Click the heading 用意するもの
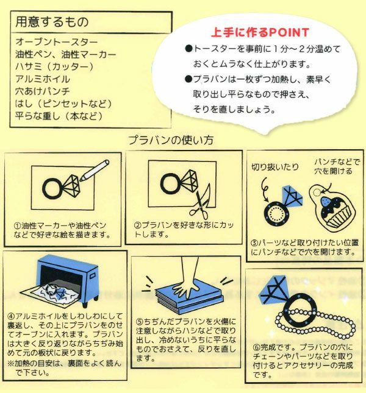(52, 21)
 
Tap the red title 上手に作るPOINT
(260, 32)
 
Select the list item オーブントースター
(57, 42)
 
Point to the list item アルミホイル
(43, 79)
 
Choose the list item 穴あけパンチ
(42, 91)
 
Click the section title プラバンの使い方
(171, 140)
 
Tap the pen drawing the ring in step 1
(95, 171)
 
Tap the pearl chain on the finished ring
(315, 322)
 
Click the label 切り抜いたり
(275, 167)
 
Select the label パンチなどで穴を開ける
(337, 166)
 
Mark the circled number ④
(12, 316)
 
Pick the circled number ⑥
(257, 347)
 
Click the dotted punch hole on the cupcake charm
(317, 193)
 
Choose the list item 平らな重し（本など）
(59, 116)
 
